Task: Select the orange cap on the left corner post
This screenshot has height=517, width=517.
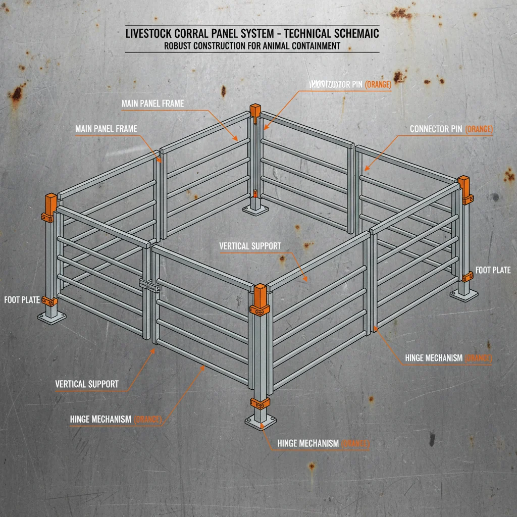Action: pos(51,202)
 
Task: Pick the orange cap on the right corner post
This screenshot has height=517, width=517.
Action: pos(463,185)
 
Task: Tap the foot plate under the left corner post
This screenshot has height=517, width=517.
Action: pos(52,317)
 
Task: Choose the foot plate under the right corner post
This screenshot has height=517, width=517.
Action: pos(464,295)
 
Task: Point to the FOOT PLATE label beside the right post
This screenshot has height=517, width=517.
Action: pos(493,270)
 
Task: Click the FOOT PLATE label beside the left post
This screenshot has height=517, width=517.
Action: pos(22,300)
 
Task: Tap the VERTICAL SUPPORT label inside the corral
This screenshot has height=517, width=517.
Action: pos(250,246)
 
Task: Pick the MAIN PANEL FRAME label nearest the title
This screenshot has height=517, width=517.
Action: pos(152,104)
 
